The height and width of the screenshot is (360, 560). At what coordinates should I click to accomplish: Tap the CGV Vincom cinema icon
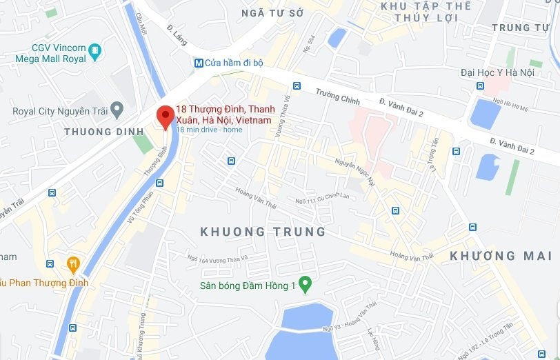point(95,50)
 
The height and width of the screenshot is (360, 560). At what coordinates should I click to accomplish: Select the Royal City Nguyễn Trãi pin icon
point(117,110)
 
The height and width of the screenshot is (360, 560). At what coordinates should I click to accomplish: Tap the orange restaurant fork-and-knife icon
point(73,263)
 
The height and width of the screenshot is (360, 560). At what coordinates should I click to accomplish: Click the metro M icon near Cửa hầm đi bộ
point(199,63)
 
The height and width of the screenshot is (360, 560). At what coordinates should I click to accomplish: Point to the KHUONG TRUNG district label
point(263,232)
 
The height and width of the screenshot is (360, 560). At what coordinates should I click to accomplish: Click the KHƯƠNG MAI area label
point(492,256)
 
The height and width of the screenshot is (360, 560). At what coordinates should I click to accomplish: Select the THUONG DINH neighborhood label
point(97,131)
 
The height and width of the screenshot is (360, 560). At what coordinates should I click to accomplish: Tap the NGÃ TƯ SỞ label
point(272,12)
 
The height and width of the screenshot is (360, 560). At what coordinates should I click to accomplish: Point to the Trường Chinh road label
point(338,96)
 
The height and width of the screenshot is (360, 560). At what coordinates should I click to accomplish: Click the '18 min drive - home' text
point(209,130)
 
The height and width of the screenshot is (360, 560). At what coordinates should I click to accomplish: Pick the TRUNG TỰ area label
point(521,28)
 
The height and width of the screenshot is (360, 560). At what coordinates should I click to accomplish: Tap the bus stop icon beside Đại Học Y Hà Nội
point(480,88)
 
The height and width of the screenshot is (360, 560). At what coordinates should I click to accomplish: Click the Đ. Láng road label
point(178,32)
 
